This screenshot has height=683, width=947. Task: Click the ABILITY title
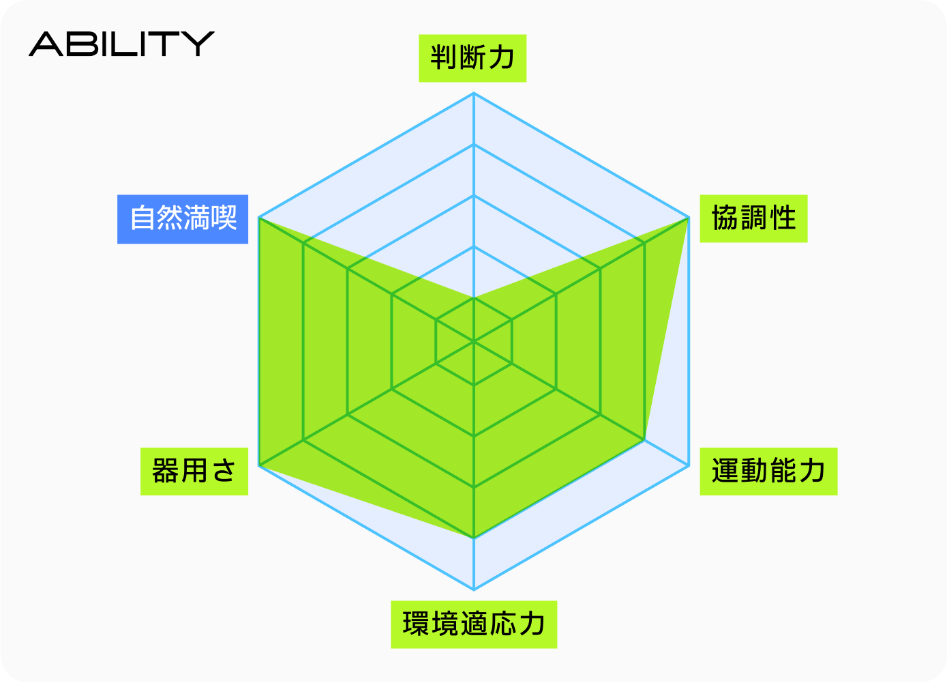pos(121,44)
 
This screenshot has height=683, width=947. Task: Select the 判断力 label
pos(472,58)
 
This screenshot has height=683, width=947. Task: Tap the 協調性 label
pos(753,218)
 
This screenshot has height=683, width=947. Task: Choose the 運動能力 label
pos(768,471)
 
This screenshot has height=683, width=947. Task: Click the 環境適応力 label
pos(474,624)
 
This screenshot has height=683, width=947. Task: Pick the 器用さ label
pos(194,471)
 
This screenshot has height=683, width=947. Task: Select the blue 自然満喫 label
pos(183,219)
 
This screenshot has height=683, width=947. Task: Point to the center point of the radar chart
pos(474,341)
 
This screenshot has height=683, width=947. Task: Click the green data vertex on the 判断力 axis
pos(474,297)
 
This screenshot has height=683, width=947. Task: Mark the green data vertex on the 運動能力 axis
pos(644,440)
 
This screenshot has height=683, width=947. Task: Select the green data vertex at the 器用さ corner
pos(259,465)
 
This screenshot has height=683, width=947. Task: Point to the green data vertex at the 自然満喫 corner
pos(259,218)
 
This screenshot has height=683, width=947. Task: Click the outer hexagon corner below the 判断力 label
pos(474,93)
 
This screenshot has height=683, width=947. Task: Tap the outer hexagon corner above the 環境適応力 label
pos(474,589)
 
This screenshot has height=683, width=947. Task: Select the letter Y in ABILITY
pos(198,44)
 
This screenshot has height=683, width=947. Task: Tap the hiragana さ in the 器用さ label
pos(224,471)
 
